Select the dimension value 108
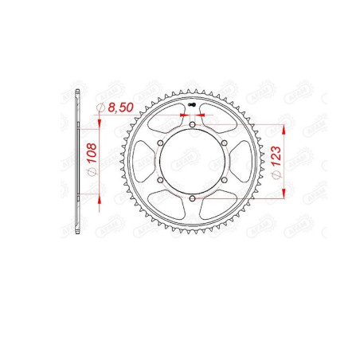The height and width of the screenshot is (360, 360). pyautogui.click(x=92, y=156)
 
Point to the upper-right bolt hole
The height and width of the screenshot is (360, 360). pyautogui.click(x=225, y=143)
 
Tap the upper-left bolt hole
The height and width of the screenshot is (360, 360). pyautogui.click(x=158, y=143)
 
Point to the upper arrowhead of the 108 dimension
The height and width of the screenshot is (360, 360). pyautogui.click(x=99, y=120)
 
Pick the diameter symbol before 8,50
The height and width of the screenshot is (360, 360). pyautogui.click(x=100, y=108)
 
